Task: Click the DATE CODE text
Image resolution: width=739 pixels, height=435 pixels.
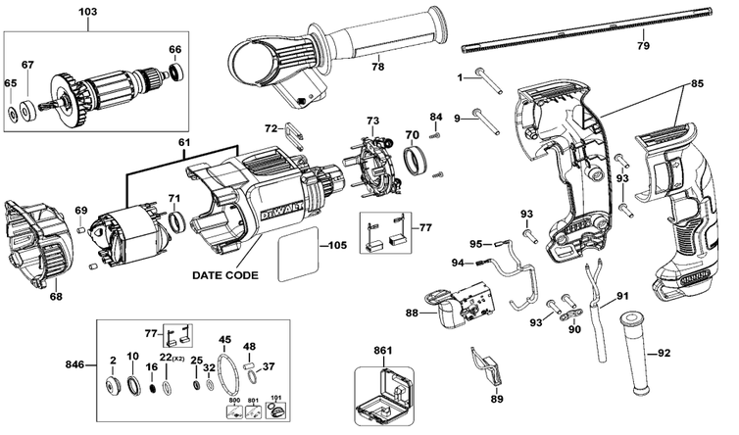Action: coord(225,276)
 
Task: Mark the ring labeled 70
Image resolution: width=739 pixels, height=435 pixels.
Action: coord(417,159)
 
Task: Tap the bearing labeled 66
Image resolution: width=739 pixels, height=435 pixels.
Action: coord(175,72)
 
